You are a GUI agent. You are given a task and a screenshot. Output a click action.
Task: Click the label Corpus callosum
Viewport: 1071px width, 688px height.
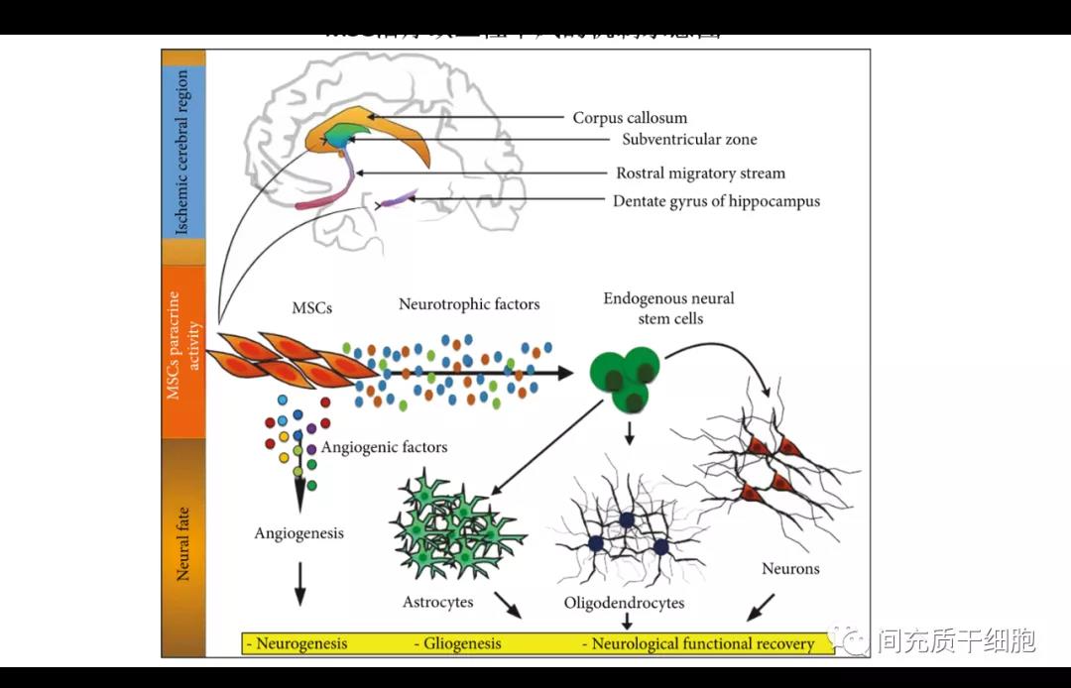630,118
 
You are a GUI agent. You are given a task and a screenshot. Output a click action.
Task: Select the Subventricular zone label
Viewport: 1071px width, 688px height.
689,140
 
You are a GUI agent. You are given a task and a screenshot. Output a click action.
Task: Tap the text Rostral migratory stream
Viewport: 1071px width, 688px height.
700,173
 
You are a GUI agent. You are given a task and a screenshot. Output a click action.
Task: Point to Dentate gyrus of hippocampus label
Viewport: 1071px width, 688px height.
716,201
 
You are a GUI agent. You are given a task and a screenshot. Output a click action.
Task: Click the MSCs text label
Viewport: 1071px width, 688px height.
311,309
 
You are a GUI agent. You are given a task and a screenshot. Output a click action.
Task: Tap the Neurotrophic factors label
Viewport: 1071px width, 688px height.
469,304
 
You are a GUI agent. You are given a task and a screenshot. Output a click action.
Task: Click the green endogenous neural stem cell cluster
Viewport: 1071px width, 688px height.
626,378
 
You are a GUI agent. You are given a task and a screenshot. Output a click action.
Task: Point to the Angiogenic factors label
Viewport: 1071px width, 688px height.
384,447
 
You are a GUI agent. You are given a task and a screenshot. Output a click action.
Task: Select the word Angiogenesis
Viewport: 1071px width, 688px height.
298,533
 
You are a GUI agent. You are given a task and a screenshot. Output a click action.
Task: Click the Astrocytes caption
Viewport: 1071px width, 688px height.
437,602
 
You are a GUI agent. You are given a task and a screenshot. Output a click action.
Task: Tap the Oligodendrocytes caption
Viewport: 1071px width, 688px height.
624,603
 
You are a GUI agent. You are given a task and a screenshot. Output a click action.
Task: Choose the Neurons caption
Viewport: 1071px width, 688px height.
790,569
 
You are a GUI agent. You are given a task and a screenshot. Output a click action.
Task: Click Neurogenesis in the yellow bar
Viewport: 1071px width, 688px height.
297,643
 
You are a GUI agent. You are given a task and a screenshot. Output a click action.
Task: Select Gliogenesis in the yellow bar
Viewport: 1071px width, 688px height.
457,643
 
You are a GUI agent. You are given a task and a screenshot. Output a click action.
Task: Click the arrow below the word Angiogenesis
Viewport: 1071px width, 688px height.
299,585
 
